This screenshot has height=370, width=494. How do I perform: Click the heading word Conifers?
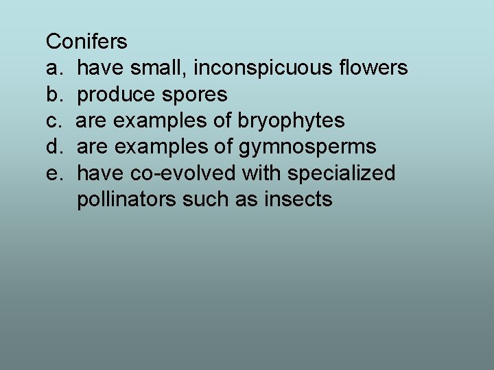[x=86, y=42]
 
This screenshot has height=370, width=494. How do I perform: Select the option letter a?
[x=53, y=69]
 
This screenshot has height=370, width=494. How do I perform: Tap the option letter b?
[x=53, y=95]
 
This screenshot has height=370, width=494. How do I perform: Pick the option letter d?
[x=53, y=147]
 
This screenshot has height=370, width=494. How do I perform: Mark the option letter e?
[x=53, y=173]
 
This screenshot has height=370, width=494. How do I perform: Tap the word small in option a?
[x=156, y=68]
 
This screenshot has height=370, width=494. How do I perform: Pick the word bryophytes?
[x=291, y=121]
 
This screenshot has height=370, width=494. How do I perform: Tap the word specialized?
[x=341, y=174]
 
